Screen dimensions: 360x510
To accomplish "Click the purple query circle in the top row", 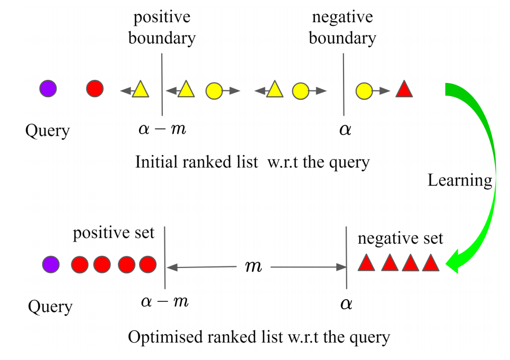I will (x=48, y=88).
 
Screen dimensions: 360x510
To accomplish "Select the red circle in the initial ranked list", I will (x=95, y=88).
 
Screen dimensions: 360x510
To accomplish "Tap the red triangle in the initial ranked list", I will (x=404, y=89).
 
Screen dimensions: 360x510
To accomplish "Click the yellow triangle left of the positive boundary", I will (x=140, y=89).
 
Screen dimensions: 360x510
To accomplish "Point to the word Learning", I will (x=459, y=180).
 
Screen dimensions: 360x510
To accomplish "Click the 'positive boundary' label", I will (x=162, y=27).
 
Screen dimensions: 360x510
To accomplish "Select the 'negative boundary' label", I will (x=342, y=27).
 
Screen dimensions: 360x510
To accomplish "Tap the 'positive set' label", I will (x=114, y=233).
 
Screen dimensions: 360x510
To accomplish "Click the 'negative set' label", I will (x=400, y=238).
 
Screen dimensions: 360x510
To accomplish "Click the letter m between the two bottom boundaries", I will (x=254, y=266).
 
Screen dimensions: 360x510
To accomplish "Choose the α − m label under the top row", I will (x=162, y=128).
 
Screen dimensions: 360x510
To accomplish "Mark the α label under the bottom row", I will (x=346, y=304).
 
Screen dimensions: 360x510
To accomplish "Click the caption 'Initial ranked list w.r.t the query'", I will (x=252, y=161).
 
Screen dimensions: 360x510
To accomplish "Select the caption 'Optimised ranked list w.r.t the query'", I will (x=259, y=337).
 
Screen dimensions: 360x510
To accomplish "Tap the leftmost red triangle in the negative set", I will (x=366, y=263).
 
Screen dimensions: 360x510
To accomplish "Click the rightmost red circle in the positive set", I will (x=148, y=264).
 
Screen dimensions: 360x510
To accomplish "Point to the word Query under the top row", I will (x=48, y=130).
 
